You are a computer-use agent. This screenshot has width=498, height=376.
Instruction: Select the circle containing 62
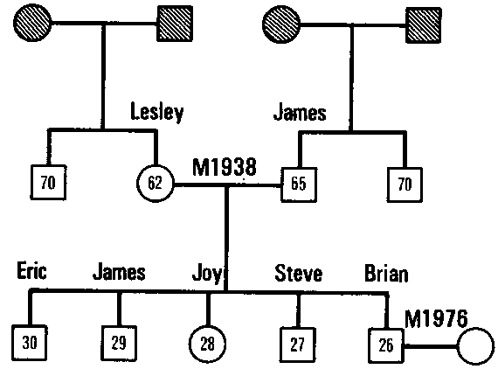point(156,184)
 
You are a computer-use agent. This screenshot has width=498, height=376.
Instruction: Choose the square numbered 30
point(30,342)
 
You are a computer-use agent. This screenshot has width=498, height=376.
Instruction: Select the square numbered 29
point(118,342)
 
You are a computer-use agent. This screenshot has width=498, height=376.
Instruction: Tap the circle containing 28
point(208,342)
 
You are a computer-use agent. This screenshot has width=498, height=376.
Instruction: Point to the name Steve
point(298,275)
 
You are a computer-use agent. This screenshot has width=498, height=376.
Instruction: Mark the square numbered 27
point(298,342)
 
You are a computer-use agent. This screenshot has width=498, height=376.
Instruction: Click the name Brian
point(385,275)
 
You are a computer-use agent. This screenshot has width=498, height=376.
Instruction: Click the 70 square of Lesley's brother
point(48,184)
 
